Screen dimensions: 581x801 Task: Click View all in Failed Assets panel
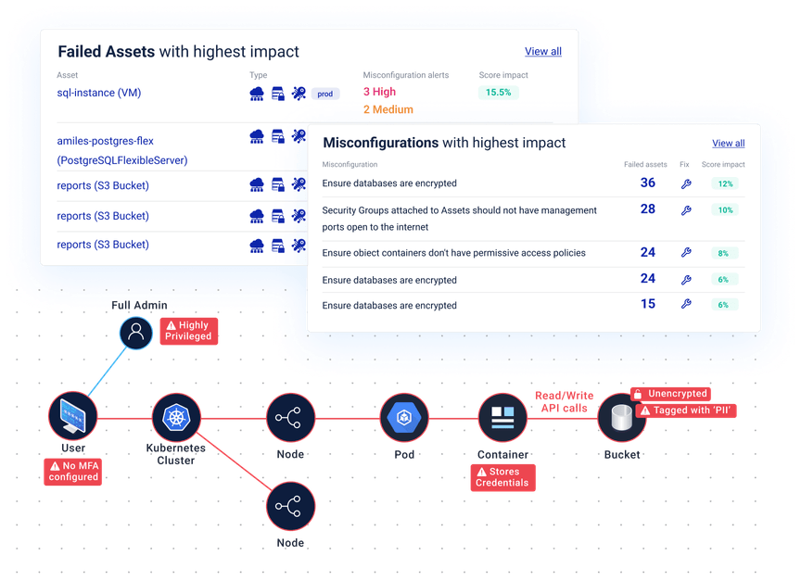pos(542,52)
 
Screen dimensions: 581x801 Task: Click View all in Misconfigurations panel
pos(728,144)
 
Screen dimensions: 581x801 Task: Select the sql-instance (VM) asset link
pos(98,93)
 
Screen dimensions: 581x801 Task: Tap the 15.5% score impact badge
pos(499,93)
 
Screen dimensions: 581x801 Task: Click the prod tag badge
pos(324,94)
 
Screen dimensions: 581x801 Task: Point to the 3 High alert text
pos(379,93)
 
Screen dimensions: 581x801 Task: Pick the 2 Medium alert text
pos(388,109)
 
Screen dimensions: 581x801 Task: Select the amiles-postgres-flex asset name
pos(105,142)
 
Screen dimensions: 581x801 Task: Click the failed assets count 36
pos(647,183)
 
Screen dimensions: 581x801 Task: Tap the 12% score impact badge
pos(724,184)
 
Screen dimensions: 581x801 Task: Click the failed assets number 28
pos(647,209)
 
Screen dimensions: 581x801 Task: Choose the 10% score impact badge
pos(724,210)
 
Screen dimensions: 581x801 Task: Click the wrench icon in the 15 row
pos(686,304)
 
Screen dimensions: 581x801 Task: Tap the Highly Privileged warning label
pos(188,331)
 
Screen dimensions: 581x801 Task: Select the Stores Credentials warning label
pos(502,477)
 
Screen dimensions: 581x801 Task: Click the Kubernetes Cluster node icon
pos(175,416)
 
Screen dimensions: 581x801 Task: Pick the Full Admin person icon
pos(135,334)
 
